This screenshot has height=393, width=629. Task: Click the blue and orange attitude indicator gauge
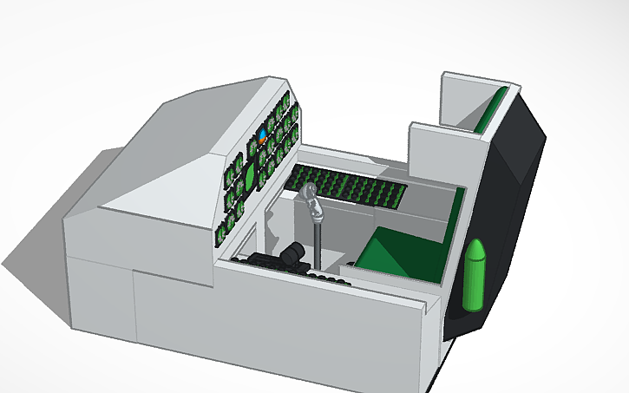[x=262, y=136]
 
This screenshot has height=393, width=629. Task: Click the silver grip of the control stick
[x=313, y=205]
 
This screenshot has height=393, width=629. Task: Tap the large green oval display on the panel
[x=249, y=177]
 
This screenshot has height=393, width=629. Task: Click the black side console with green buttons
[x=347, y=187]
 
